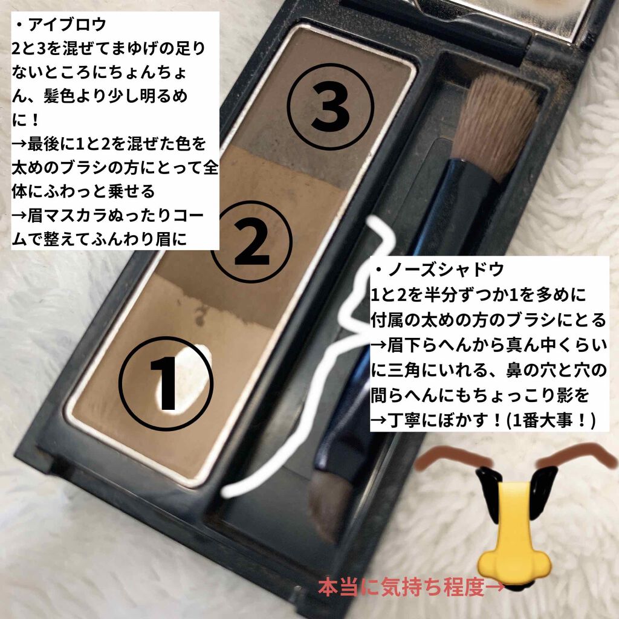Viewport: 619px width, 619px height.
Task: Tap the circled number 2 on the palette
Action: pos(251,242)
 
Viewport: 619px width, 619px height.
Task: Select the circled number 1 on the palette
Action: pos(166,383)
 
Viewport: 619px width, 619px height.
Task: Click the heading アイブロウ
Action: pos(66,24)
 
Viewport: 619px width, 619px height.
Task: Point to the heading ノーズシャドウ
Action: pos(446,270)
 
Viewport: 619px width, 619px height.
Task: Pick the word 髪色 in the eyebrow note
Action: pos(59,97)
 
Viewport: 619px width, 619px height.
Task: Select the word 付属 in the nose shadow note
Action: pos(387,320)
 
